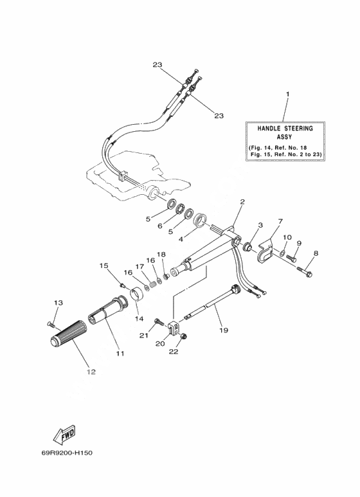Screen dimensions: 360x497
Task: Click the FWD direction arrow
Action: (64, 434)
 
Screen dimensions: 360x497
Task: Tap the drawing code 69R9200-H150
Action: (67, 453)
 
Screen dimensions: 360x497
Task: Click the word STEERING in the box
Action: (298, 129)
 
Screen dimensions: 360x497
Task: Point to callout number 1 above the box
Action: (287, 94)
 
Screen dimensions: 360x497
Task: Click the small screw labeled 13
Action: (51, 324)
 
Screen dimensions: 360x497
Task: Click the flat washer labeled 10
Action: (282, 253)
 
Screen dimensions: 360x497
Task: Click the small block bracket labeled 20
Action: (174, 327)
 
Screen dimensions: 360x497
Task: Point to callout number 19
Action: (224, 330)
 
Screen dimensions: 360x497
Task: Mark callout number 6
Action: (160, 226)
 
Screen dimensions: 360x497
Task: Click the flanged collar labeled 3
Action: (248, 246)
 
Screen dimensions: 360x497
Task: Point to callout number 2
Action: (242, 202)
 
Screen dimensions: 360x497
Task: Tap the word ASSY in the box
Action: (284, 137)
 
